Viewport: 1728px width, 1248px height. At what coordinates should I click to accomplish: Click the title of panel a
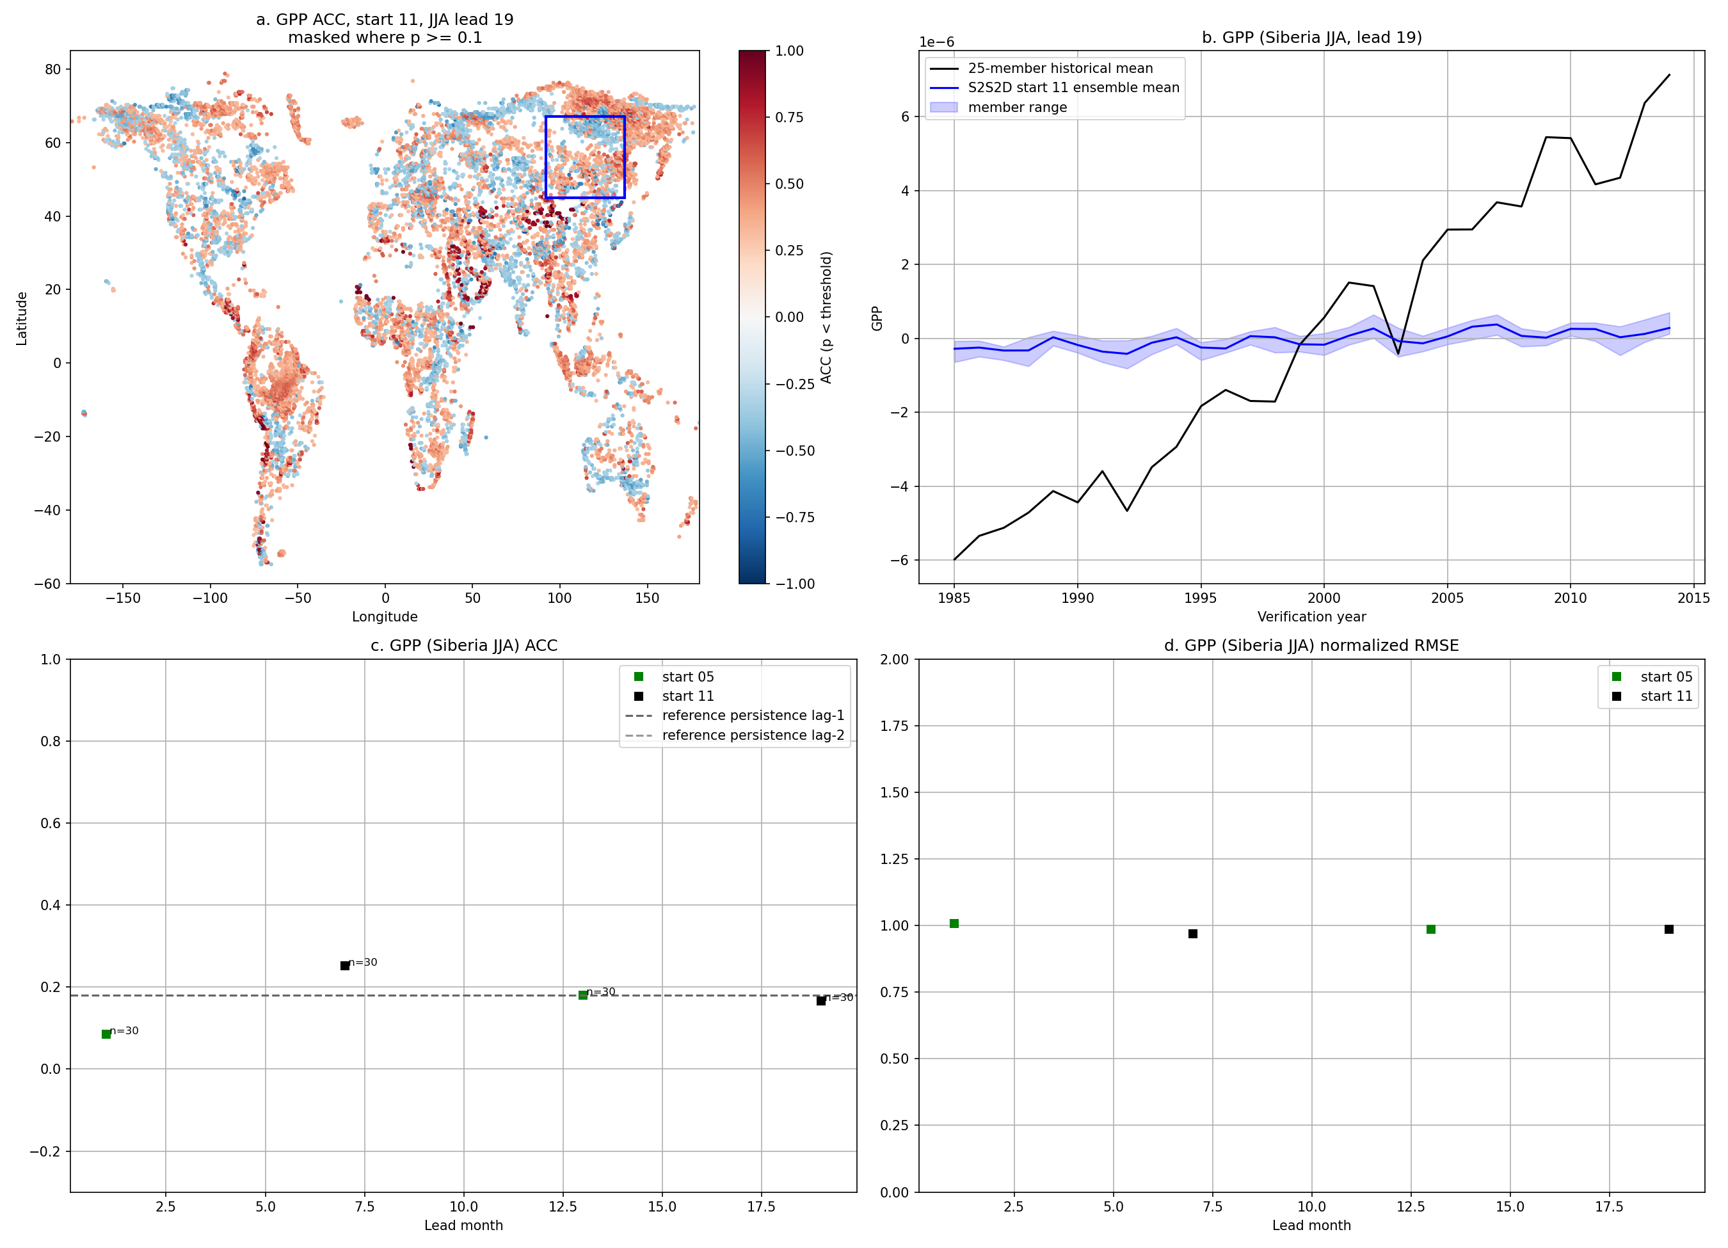click(x=385, y=28)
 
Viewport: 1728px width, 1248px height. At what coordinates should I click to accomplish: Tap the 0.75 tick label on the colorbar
click(x=788, y=117)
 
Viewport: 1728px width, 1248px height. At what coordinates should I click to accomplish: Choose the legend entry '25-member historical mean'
click(x=1060, y=68)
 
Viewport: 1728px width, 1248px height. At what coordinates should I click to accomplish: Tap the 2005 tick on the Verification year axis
click(x=1447, y=598)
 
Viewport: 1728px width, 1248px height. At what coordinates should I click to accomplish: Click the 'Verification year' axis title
click(x=1311, y=616)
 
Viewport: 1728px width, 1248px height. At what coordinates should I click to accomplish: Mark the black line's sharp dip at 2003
click(x=1398, y=353)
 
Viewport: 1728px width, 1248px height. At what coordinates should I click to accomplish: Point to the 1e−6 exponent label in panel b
click(x=936, y=42)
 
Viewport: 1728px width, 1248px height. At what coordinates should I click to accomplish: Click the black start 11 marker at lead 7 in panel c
click(x=344, y=965)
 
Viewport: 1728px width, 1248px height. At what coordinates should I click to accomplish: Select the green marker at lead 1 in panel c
click(x=106, y=1034)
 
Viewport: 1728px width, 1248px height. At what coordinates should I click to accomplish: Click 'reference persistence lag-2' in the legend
click(x=753, y=735)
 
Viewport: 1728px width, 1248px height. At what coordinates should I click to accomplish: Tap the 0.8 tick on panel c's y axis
click(x=51, y=741)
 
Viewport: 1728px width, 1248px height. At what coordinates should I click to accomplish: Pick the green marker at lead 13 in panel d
click(x=1431, y=929)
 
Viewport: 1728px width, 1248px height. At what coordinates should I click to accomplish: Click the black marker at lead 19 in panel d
click(x=1668, y=929)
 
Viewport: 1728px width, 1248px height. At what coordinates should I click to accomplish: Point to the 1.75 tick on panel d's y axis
click(x=895, y=726)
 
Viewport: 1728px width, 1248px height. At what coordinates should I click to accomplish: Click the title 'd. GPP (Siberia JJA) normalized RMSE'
click(x=1311, y=645)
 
